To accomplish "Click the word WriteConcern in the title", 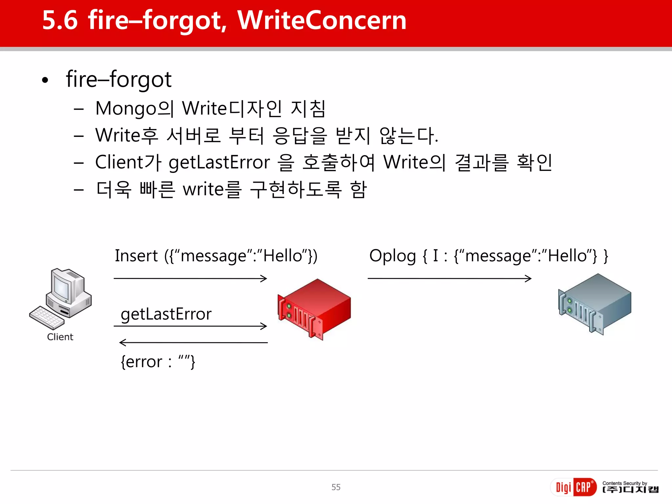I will [x=322, y=20].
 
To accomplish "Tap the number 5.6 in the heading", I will [x=60, y=20].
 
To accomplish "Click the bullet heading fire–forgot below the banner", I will [x=118, y=79].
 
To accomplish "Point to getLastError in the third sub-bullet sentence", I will [x=219, y=163].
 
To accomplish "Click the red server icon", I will [x=314, y=308].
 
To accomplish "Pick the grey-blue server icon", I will [x=595, y=304].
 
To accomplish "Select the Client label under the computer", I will [x=60, y=337].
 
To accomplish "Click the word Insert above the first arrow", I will [x=136, y=256].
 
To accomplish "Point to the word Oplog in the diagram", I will [x=392, y=256].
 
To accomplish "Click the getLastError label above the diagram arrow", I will [x=166, y=314].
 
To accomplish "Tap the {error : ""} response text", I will [x=158, y=362].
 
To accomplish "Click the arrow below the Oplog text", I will [x=450, y=279].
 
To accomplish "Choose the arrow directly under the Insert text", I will [x=190, y=279].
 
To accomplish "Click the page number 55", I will [x=336, y=487].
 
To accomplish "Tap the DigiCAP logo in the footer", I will [x=574, y=487].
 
